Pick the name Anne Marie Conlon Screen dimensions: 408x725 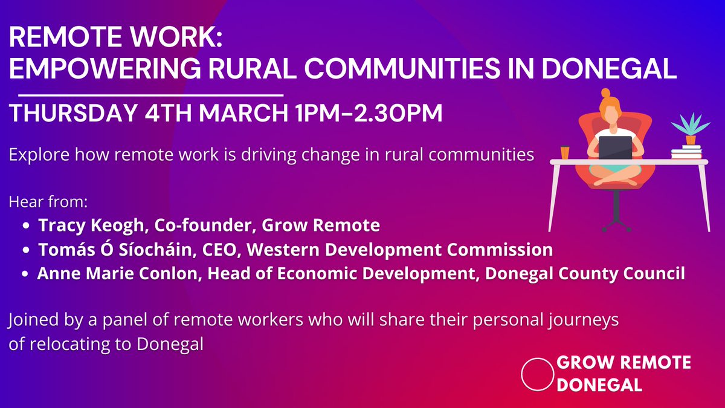118,274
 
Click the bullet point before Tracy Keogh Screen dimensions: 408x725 27,226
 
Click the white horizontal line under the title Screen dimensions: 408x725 151,96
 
